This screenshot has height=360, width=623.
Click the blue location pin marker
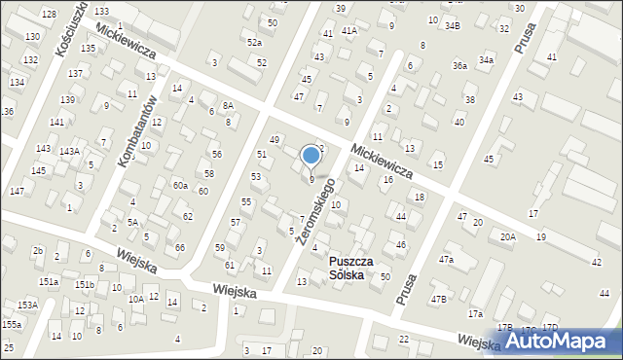(311, 156)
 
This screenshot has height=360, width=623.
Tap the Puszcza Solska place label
(333, 268)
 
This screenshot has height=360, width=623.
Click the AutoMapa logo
(562, 342)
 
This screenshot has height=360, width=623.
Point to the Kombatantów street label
(136, 132)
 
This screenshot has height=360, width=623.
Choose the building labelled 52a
(254, 42)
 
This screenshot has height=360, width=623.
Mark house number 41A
(348, 31)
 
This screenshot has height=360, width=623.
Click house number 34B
(453, 24)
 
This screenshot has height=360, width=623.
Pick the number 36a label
(459, 65)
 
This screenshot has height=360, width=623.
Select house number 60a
(180, 185)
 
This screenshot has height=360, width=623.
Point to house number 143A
(68, 152)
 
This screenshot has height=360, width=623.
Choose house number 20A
(507, 236)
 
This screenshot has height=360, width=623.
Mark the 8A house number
(228, 105)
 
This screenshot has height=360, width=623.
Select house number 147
(17, 191)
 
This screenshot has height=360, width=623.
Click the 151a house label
(49, 281)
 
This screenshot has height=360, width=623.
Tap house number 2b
(38, 251)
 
